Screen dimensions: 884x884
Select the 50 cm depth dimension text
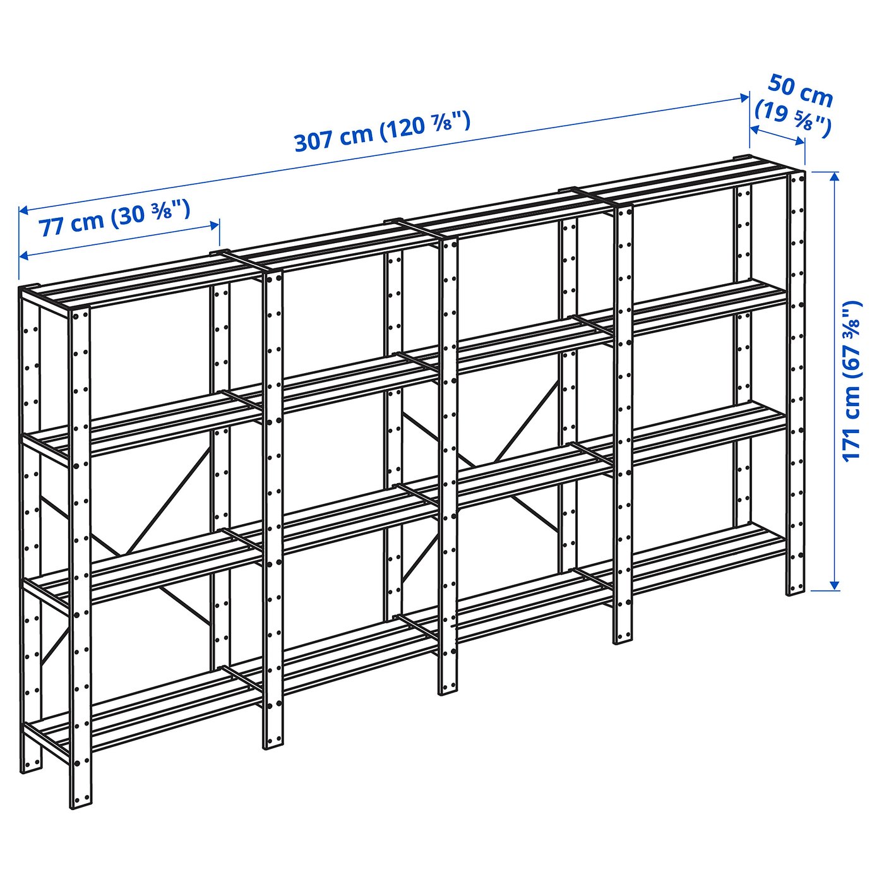(x=801, y=90)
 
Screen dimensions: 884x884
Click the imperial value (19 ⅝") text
(x=793, y=118)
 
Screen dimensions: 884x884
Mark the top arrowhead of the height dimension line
(x=835, y=176)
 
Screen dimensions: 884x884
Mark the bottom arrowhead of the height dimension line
(x=835, y=586)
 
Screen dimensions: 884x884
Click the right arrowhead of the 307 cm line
(x=745, y=97)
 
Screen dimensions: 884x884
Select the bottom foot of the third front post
(x=448, y=688)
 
